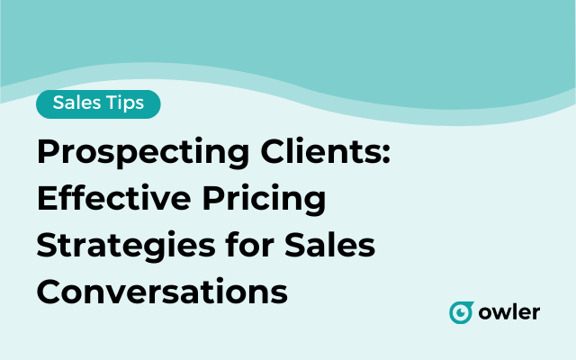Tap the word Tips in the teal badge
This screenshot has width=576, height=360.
tap(123, 103)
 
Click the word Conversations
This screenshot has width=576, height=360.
tap(162, 292)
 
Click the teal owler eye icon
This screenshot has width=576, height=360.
tap(462, 312)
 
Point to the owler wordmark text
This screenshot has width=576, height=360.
tap(508, 312)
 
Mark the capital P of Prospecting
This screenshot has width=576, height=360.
tap(48, 153)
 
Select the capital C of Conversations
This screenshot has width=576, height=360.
tap(49, 292)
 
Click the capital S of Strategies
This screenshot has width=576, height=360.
tap(48, 246)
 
